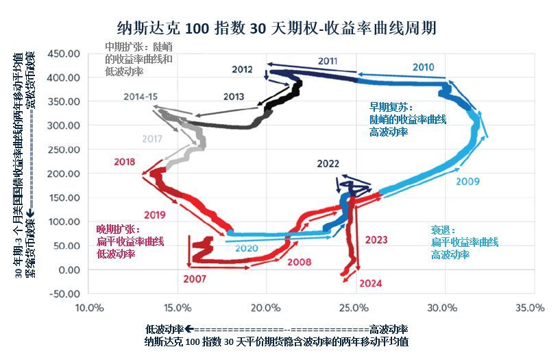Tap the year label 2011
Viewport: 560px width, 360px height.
pos(328,61)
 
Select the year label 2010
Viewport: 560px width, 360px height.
pos(423,67)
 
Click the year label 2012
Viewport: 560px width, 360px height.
pos(242,69)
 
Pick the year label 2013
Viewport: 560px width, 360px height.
pos(233,97)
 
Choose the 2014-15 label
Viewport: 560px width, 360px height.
pos(141,97)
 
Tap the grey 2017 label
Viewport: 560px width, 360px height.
pos(152,139)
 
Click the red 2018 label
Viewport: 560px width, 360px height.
pos(124,163)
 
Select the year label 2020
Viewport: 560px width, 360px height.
pos(245,248)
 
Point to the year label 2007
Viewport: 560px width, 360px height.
pos(194,279)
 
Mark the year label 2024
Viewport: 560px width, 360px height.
pos(370,283)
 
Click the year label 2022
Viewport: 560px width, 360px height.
pos(328,163)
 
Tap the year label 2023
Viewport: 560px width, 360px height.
pos(376,240)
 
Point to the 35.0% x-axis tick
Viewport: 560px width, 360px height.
pos(531,308)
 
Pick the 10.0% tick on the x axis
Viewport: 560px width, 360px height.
pos(89,308)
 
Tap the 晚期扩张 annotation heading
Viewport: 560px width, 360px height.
pos(119,230)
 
